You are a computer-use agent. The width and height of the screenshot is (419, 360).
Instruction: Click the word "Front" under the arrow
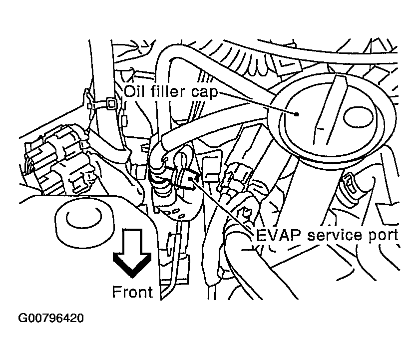pyautogui.click(x=132, y=292)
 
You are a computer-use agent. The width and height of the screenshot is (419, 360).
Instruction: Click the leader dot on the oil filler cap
pyautogui.click(x=297, y=114)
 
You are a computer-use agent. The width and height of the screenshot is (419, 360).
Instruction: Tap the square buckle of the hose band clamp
pyautogui.click(x=110, y=105)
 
